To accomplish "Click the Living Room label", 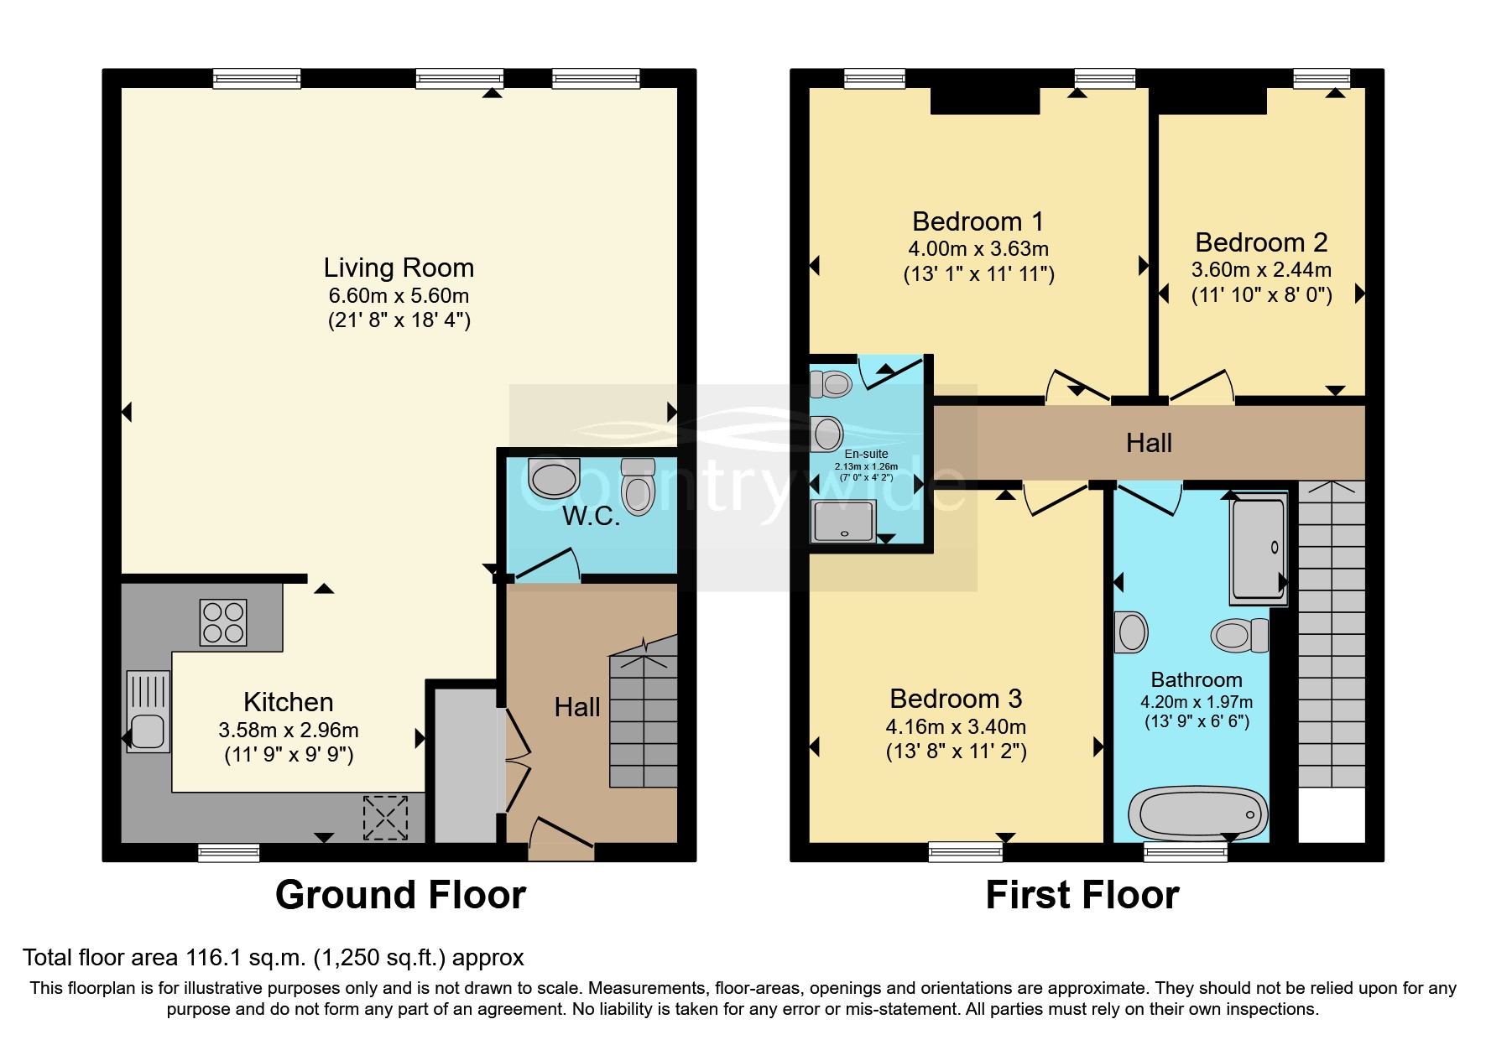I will coord(399,268).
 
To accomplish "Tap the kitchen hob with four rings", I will coord(223,622).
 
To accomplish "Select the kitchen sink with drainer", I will coord(149,711).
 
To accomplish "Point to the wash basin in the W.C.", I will coord(554,479).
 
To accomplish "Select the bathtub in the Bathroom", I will coord(1197,814).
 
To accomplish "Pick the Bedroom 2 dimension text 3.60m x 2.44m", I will coord(1261,270).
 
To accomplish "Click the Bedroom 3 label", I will coord(956,699).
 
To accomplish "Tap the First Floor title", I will coord(1082,895).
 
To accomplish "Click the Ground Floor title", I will coord(400,895).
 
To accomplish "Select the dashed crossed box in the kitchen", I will coord(385,818).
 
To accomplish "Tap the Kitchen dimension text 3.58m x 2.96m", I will coord(289,731).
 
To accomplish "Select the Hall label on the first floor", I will coord(1149,443).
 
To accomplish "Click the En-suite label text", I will coord(866,454).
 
